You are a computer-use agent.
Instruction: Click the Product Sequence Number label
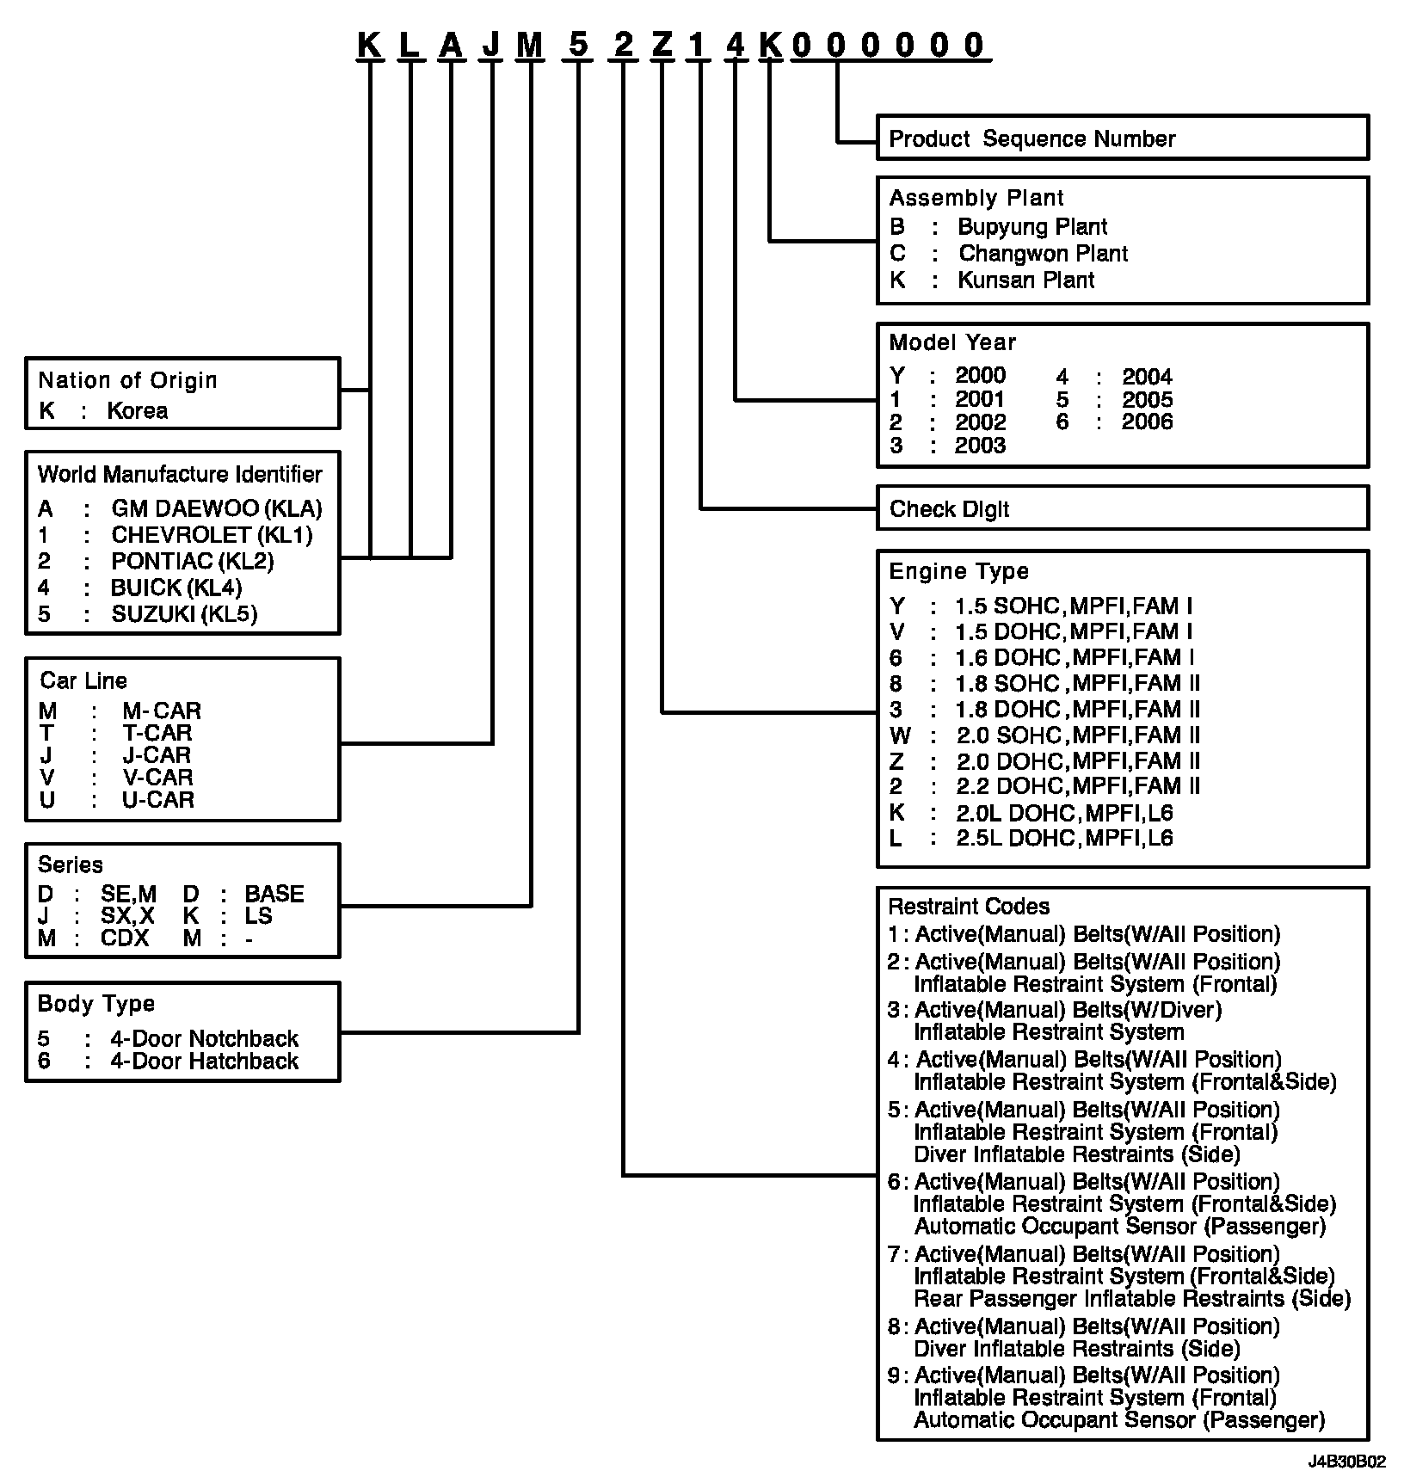point(1031,138)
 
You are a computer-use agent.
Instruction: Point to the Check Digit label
point(949,509)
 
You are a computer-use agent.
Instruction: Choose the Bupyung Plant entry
point(1031,227)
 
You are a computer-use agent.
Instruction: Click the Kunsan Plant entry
point(1025,280)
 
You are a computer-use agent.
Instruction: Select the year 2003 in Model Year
point(980,446)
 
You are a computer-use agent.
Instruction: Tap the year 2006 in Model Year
point(1147,422)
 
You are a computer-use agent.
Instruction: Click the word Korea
point(137,411)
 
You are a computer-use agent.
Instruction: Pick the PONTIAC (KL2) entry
point(192,562)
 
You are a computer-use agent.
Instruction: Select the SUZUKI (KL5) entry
point(184,614)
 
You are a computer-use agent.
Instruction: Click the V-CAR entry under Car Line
point(157,778)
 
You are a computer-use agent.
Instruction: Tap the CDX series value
point(125,938)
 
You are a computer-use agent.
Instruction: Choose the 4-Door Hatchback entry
point(204,1061)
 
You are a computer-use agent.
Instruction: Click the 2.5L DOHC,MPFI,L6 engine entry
point(1064,839)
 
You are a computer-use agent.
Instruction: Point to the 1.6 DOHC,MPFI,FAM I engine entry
point(1074,658)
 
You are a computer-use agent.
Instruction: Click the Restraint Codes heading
point(969,907)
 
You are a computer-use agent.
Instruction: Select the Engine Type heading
point(958,571)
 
